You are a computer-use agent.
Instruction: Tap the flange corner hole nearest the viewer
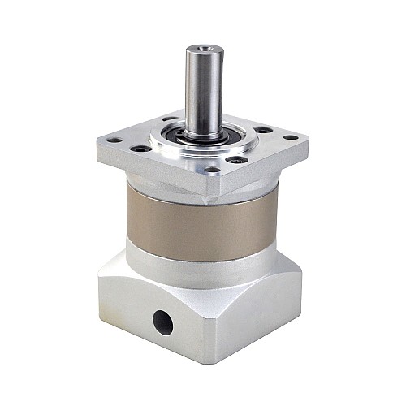(x=213, y=171)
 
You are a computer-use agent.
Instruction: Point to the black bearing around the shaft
(x=203, y=133)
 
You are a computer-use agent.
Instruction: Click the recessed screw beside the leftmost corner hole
(x=141, y=149)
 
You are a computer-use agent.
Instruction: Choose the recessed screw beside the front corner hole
(x=236, y=160)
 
